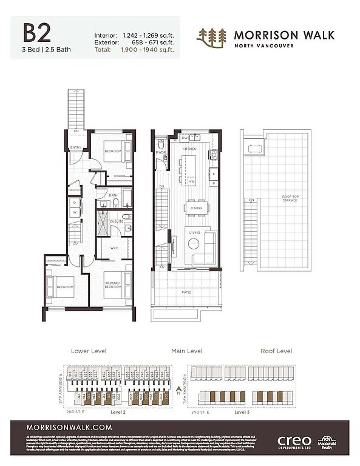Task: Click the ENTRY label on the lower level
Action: [x=76, y=147]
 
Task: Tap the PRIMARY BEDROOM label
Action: [x=113, y=285]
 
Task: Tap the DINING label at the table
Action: [x=197, y=208]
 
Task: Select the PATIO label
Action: [x=188, y=292]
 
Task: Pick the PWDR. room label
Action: [x=161, y=152]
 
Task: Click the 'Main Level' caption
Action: [x=187, y=351]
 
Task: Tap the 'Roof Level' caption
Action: [x=276, y=351]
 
